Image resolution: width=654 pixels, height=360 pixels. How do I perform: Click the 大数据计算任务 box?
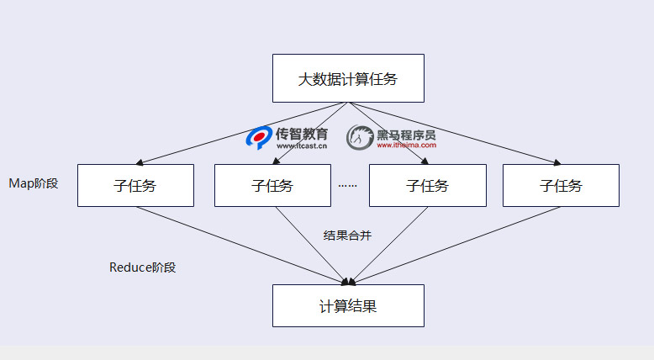pos(348,78)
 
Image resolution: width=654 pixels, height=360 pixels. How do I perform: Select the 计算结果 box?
pos(348,305)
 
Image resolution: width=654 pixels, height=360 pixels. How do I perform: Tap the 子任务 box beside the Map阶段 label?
pos(135,185)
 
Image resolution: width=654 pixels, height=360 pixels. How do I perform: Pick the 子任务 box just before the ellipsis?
pos(272,185)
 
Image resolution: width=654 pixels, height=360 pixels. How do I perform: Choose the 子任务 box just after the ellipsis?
pos(427,185)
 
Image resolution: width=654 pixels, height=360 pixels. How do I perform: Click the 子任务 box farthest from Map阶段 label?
pos(561,185)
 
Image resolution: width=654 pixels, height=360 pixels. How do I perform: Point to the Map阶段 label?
pos(34,183)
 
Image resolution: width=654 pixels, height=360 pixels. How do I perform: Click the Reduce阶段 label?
pos(143,267)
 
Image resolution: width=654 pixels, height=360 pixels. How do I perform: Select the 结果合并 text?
pos(347,236)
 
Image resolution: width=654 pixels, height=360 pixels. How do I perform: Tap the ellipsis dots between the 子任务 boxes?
pos(347,185)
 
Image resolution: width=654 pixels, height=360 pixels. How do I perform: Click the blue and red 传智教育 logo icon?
pos(258,137)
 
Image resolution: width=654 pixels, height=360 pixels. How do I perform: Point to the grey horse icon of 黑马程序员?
pos(360,137)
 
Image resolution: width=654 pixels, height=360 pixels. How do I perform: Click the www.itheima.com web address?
pos(406,145)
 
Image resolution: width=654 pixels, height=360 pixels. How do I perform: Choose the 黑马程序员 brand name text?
pos(406,133)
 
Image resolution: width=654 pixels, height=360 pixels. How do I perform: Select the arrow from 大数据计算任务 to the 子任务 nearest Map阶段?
pos(244,131)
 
